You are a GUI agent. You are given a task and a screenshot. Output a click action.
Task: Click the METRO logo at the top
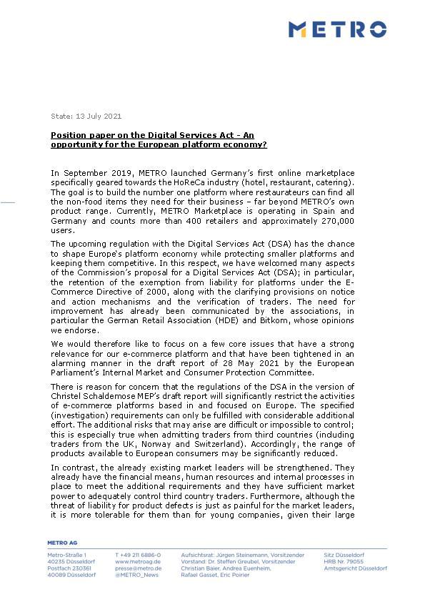pos(337,29)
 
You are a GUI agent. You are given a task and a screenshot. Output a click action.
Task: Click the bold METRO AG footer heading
pos(61,543)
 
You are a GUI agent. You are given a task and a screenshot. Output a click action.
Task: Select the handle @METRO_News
pos(136,575)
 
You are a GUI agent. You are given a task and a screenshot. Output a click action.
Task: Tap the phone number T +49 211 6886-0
pos(138,555)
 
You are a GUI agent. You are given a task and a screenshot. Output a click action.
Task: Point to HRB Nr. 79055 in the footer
pos(344,562)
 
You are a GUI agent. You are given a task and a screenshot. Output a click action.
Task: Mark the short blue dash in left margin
pos(8,202)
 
